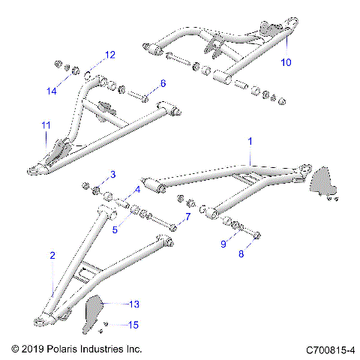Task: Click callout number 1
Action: point(250,141)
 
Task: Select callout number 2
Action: point(52,256)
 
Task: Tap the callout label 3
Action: point(112,175)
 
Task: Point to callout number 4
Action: point(137,190)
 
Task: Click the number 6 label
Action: point(163,82)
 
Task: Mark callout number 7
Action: point(187,217)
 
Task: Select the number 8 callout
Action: point(241,254)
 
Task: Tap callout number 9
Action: point(223,244)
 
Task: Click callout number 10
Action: point(286,61)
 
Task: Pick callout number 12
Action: point(110,55)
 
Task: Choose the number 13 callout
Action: point(134,304)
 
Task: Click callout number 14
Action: point(52,91)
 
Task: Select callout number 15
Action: point(134,325)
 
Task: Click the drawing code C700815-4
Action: point(330,349)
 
